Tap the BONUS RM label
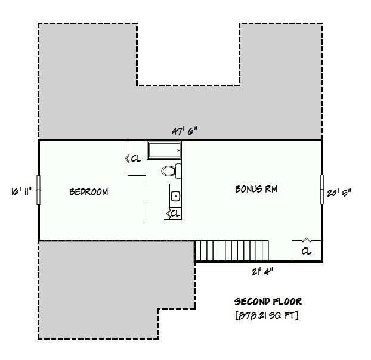point(256,189)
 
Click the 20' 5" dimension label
point(339,192)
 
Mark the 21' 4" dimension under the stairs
point(261,271)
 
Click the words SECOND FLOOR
point(267,302)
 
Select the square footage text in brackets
point(267,315)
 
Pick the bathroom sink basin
point(176,195)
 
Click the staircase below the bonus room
point(233,250)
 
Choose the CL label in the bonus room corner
point(306,251)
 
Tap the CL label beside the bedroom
point(136,159)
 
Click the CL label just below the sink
point(175,213)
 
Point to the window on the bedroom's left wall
point(39,190)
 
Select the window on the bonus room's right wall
point(322,190)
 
